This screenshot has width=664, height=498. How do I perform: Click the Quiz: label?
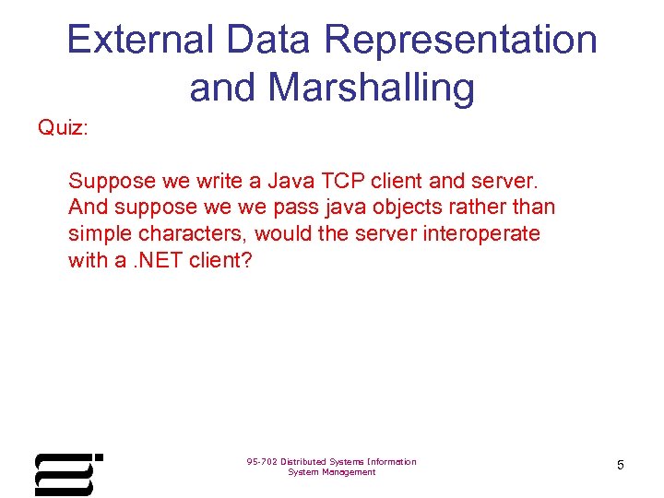click(x=63, y=127)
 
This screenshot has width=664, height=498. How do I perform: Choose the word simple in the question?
click(x=100, y=233)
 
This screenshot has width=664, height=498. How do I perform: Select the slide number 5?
click(x=620, y=466)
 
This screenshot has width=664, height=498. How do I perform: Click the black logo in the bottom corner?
click(x=67, y=474)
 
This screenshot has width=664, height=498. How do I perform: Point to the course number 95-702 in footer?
click(x=263, y=461)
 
